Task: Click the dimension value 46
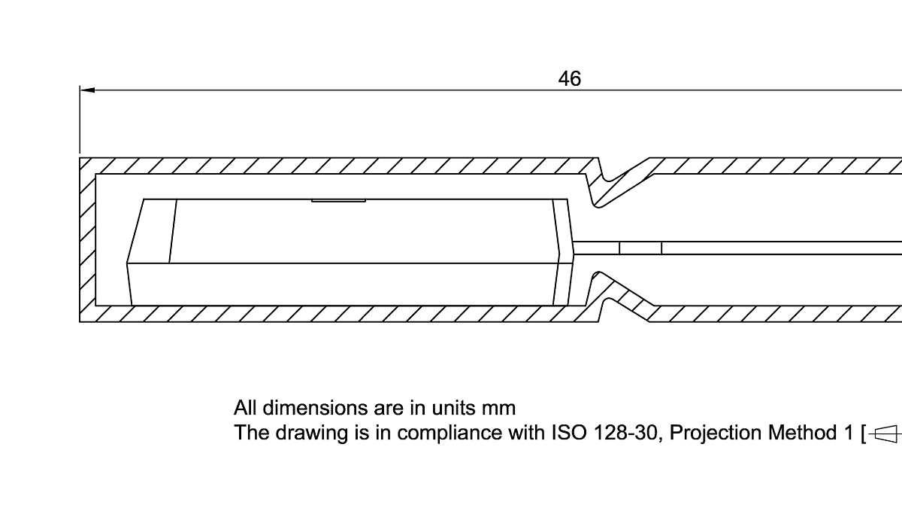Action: click(x=570, y=78)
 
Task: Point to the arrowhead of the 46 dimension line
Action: click(x=87, y=90)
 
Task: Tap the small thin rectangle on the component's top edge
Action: click(x=339, y=200)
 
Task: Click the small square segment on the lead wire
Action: click(x=640, y=248)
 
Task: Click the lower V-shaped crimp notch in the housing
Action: click(x=620, y=297)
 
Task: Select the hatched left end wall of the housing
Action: click(x=87, y=240)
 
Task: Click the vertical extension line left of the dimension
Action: click(x=80, y=120)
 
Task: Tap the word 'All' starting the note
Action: click(x=245, y=408)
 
